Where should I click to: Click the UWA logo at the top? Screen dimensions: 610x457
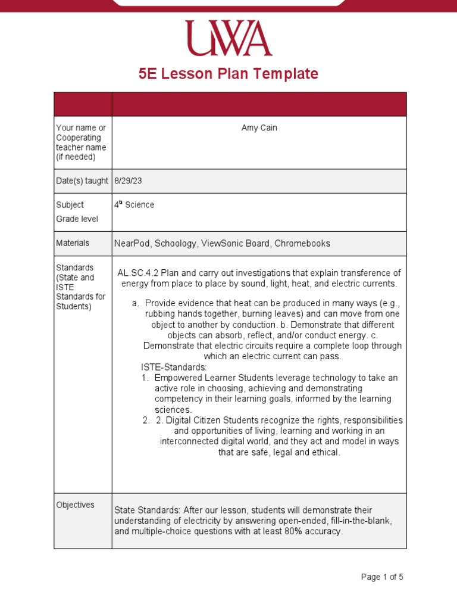(228, 38)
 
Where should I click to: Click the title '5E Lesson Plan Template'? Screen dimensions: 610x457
(228, 74)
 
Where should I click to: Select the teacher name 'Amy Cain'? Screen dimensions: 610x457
(259, 128)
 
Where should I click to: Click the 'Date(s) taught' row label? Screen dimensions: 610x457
(82, 181)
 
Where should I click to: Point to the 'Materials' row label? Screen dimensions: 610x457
(73, 243)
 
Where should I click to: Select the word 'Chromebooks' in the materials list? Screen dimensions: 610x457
(302, 244)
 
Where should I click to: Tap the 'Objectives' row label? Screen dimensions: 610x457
(75, 505)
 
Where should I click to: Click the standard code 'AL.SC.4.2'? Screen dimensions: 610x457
(138, 273)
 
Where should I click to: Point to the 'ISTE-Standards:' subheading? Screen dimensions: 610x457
(174, 367)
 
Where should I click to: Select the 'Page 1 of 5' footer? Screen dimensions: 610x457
(382, 577)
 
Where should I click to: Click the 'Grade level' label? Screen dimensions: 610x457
(77, 219)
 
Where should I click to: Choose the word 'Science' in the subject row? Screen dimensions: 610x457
(140, 205)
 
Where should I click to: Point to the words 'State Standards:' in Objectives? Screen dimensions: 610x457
(147, 510)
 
